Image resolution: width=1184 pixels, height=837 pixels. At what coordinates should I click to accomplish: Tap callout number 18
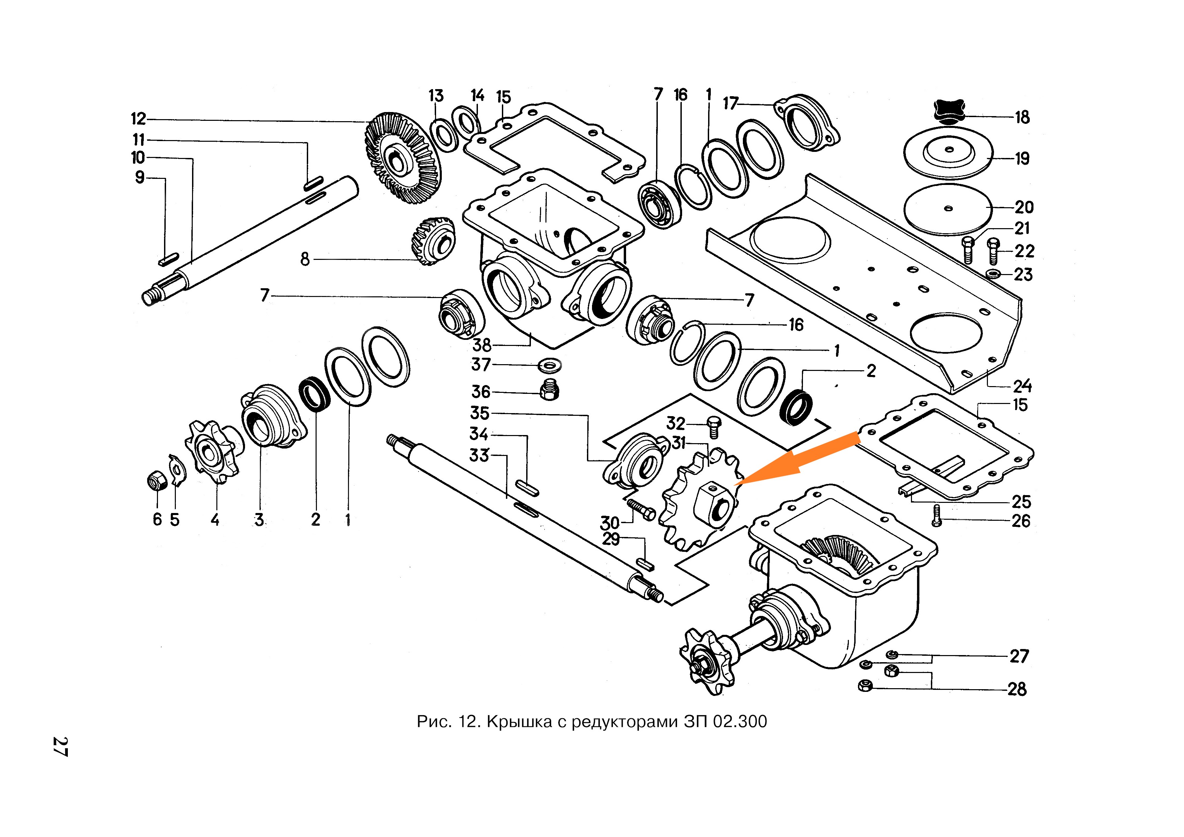1022,117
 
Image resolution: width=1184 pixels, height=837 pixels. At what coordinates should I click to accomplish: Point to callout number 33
479,455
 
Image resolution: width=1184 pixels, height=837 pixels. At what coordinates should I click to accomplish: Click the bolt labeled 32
714,427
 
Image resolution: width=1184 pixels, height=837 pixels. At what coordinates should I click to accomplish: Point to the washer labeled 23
993,272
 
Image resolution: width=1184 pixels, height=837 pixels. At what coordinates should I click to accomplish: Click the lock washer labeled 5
176,470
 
